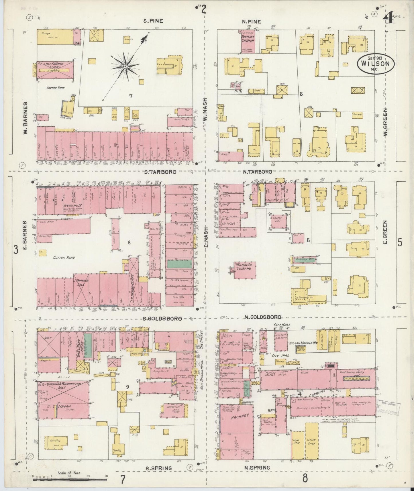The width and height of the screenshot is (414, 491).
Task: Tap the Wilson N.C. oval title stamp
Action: (375, 63)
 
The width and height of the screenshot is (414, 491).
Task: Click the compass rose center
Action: (125, 66)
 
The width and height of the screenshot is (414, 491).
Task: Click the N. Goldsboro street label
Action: (262, 317)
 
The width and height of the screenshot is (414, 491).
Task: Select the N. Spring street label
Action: (258, 468)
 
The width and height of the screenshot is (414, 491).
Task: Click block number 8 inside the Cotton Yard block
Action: (129, 243)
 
